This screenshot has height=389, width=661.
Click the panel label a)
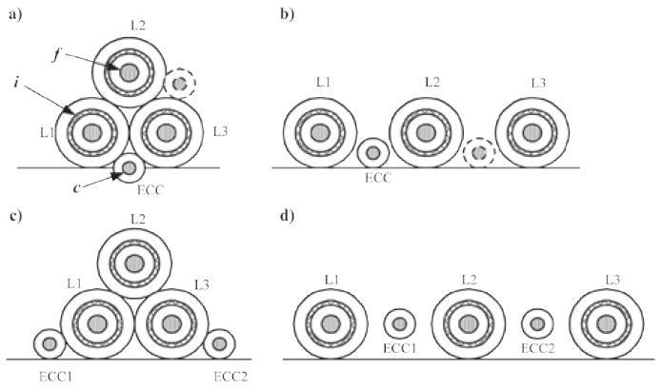click(12, 12)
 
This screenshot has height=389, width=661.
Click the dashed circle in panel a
click(179, 85)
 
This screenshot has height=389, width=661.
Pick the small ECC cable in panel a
click(128, 170)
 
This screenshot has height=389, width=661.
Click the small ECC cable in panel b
click(371, 152)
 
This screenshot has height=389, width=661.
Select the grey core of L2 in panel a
click(129, 70)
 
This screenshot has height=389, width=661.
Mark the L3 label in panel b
click(540, 85)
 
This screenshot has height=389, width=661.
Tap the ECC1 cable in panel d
click(399, 324)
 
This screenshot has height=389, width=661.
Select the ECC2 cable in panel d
click(538, 324)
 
